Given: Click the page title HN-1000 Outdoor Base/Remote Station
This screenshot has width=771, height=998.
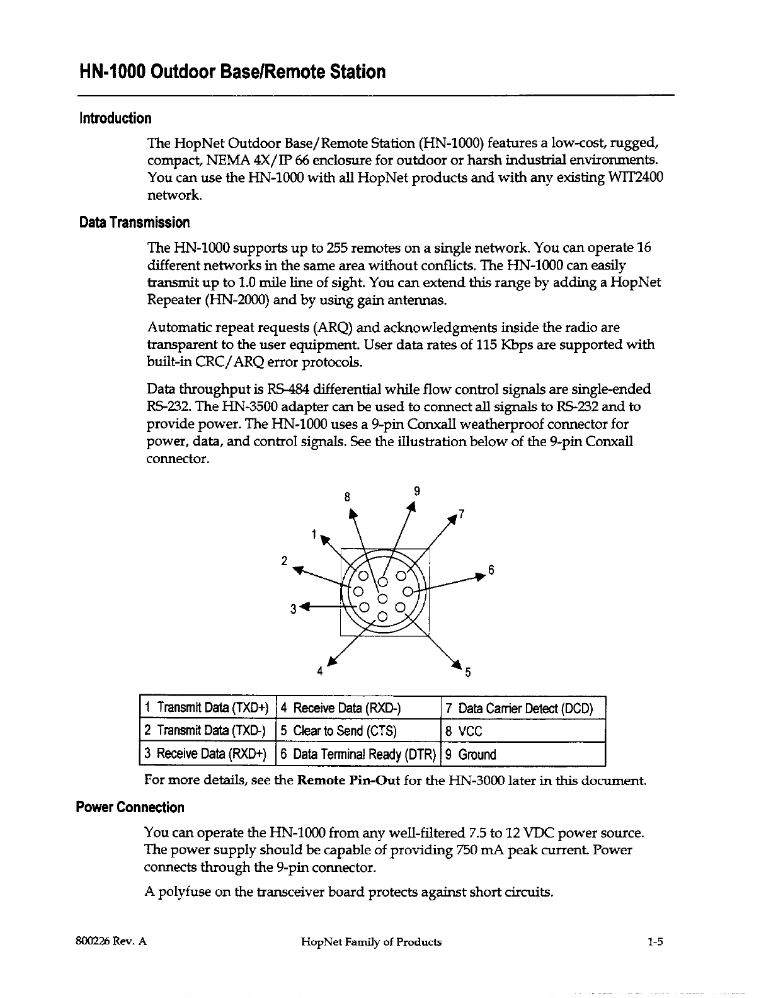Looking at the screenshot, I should [x=231, y=72].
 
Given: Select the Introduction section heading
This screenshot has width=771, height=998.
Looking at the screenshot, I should [x=115, y=118].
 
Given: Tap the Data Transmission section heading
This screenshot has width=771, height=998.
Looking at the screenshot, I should [x=134, y=222].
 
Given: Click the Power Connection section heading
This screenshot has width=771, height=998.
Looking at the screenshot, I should [x=130, y=808].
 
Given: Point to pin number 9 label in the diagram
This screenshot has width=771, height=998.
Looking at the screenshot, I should [x=417, y=491].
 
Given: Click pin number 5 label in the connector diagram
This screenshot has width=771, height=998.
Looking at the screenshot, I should [x=467, y=672].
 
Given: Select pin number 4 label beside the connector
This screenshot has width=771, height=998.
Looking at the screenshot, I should [x=320, y=671].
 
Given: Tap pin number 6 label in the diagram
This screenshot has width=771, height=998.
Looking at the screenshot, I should [x=491, y=571].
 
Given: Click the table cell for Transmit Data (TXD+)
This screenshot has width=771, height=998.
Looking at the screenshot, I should [x=207, y=708].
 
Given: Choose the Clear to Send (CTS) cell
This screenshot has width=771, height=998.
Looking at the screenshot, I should [x=357, y=731].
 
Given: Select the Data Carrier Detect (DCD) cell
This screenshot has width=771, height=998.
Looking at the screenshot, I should [x=523, y=708].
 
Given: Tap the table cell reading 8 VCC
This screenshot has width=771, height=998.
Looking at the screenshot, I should [x=523, y=731].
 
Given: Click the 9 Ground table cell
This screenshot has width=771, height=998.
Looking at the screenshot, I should [x=523, y=754].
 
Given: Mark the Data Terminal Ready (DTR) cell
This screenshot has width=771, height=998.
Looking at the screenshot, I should [x=357, y=754].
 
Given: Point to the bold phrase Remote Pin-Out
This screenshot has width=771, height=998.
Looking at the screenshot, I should [x=348, y=781].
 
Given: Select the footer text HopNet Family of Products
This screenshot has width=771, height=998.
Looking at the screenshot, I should [x=371, y=943].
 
